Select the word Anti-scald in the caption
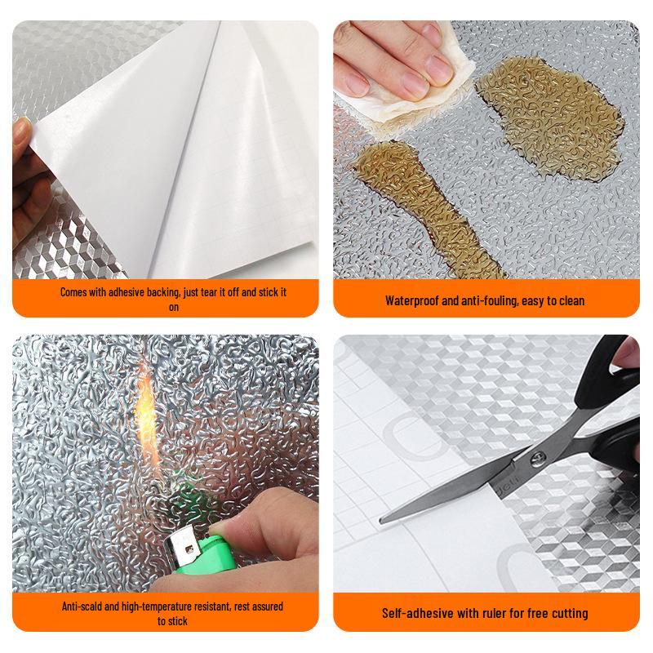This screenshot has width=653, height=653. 85,606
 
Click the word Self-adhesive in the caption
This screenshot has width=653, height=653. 415,613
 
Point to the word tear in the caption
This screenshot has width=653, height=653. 206,292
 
